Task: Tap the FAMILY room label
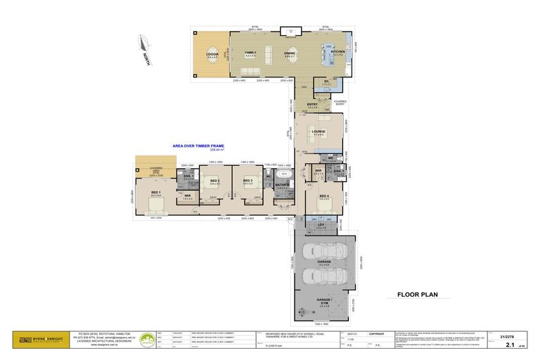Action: point(250,53)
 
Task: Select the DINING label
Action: point(289,53)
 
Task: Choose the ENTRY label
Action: point(312,105)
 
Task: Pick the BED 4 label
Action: point(324,196)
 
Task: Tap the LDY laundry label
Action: point(321,225)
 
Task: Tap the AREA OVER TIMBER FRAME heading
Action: point(202,146)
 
